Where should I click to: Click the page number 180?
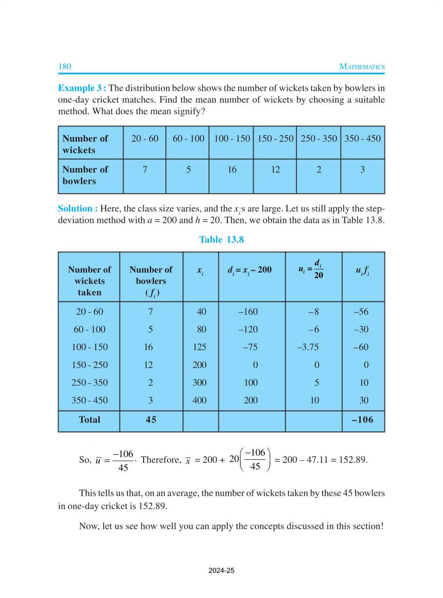(x=65, y=67)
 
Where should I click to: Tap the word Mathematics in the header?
(x=362, y=67)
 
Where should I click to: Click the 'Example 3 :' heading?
(x=82, y=88)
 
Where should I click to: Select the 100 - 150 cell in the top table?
(x=232, y=139)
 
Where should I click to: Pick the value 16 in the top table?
(x=232, y=170)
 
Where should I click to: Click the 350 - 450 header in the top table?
(x=363, y=139)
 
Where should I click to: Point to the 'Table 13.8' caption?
(x=221, y=240)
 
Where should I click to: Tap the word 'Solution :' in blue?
(x=78, y=209)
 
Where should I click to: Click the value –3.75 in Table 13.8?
(x=308, y=347)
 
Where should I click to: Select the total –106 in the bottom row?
(x=363, y=420)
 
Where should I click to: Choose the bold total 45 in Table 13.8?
(x=151, y=420)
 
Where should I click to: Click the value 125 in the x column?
(x=200, y=347)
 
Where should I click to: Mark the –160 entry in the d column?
(x=248, y=312)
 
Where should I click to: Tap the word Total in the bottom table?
(x=90, y=420)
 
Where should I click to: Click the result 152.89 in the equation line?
(x=352, y=460)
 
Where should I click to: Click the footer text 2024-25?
(x=221, y=571)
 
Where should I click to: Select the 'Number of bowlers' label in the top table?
(x=85, y=175)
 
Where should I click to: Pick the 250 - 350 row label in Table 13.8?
(x=90, y=383)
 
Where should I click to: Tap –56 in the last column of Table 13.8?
(x=361, y=312)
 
